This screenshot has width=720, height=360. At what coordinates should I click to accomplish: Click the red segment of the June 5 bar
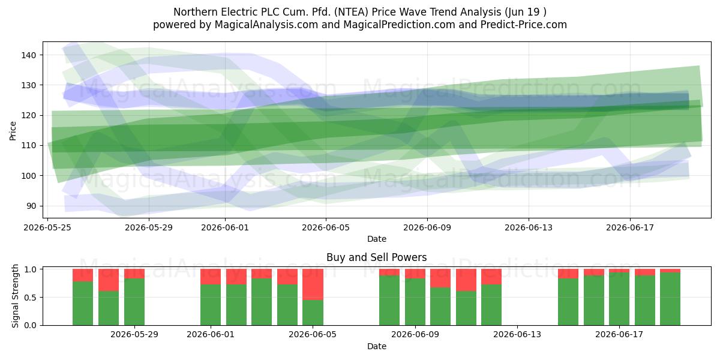pos(313,284)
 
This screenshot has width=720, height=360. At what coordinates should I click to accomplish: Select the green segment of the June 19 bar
pos(670,299)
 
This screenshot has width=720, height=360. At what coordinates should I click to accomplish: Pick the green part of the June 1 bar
pos(211,305)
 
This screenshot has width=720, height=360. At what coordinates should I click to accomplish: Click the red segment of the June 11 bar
pos(466,280)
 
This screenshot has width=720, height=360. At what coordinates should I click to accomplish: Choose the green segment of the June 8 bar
pos(389,300)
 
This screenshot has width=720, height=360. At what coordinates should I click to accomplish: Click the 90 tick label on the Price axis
pos(31,206)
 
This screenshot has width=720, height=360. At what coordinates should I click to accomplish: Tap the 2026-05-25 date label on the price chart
pos(47,227)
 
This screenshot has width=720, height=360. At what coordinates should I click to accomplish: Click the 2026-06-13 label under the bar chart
pos(517,335)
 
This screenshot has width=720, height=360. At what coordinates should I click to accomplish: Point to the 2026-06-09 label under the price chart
pos(427,227)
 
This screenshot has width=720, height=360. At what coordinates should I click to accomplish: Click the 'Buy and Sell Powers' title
pos(377,257)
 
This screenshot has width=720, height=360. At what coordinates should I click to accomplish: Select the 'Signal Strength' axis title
pos(15,296)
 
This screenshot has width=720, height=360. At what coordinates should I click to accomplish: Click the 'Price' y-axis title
pos(13,131)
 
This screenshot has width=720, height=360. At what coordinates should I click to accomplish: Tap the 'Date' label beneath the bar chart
pos(377,347)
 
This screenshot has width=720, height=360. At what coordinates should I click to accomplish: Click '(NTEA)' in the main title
pos(352,12)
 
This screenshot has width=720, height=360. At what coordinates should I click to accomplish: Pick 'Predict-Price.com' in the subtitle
pos(524,25)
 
